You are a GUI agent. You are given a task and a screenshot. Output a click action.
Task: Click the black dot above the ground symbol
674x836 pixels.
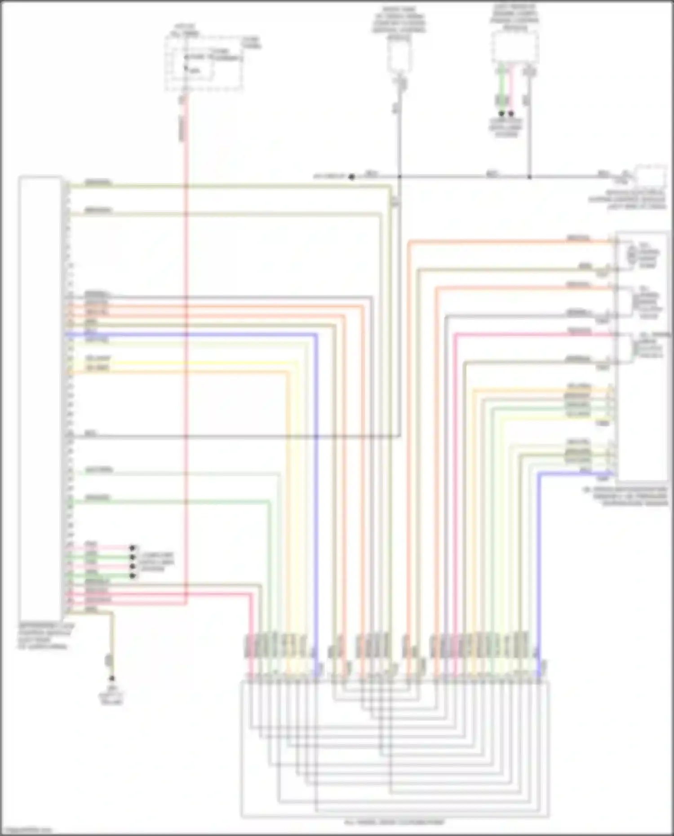pyautogui.click(x=112, y=678)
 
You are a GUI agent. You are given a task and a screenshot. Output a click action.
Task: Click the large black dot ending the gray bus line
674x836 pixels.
pyautogui.click(x=352, y=177)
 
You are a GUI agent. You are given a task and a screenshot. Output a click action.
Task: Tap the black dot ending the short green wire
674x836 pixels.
pyautogui.click(x=501, y=114)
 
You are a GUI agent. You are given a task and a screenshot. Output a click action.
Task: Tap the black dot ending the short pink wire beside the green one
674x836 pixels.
pyautogui.click(x=511, y=114)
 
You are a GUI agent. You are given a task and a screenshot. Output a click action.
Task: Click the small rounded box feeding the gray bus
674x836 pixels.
pyautogui.click(x=399, y=57)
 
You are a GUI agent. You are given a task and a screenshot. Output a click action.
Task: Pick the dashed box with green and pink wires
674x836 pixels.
pyautogui.click(x=514, y=47)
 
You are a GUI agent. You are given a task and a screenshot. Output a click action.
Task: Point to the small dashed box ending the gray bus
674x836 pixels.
pyautogui.click(x=650, y=177)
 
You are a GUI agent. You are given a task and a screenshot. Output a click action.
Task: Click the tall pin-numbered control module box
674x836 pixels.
pyautogui.click(x=40, y=398)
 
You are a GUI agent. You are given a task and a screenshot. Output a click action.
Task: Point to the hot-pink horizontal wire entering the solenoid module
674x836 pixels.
pyautogui.click(x=530, y=334)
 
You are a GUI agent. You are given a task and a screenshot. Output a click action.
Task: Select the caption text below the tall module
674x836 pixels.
pyautogui.click(x=45, y=636)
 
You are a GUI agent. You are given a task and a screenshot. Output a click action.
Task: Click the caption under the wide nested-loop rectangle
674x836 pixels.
pyautogui.click(x=394, y=823)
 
